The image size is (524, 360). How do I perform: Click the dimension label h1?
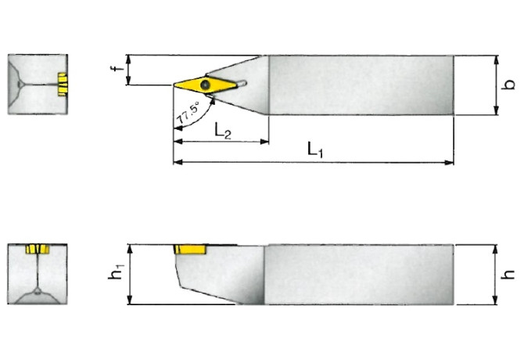click(117, 275)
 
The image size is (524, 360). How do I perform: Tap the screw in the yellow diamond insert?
click(206, 83)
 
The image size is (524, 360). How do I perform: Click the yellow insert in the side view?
click(189, 250)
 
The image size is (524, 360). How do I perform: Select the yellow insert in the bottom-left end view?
click(37, 250)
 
